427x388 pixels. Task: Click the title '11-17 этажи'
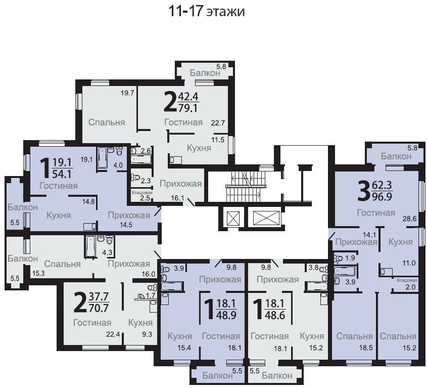(x=207, y=12)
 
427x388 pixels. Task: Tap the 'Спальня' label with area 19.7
(x=107, y=122)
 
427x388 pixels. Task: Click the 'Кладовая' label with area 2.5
(x=142, y=193)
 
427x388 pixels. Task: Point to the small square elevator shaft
(x=233, y=219)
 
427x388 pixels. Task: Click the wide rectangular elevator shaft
(x=266, y=219)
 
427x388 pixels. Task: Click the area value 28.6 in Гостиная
(x=410, y=219)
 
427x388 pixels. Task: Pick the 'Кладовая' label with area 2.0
(x=407, y=280)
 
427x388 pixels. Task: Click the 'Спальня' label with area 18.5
(x=354, y=336)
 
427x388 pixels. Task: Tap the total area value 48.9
(x=226, y=315)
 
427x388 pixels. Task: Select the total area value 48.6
(x=275, y=315)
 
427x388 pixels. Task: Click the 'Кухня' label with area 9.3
(x=140, y=323)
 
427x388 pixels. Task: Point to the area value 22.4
(x=113, y=334)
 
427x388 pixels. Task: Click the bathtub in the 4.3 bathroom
(x=90, y=246)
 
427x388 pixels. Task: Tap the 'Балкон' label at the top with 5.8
(x=205, y=73)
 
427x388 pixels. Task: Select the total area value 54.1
(x=62, y=174)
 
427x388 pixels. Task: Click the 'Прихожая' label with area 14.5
(x=129, y=215)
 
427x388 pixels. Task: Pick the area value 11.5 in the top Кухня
(x=218, y=140)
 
